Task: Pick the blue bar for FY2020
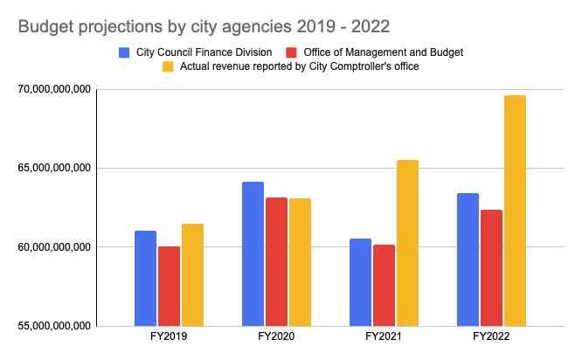pyautogui.click(x=253, y=253)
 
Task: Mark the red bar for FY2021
pyautogui.click(x=384, y=285)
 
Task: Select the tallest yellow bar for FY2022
pyautogui.click(x=515, y=211)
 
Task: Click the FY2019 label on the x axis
pyautogui.click(x=169, y=336)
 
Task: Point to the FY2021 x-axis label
pyautogui.click(x=384, y=336)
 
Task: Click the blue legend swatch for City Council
pyautogui.click(x=125, y=52)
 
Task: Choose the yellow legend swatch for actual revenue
pyautogui.click(x=169, y=66)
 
